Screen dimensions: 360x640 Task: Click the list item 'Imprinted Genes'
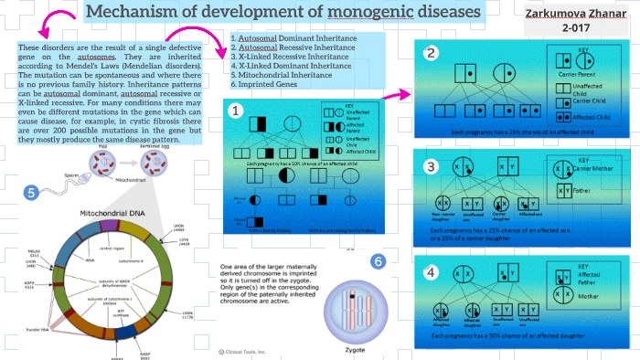point(266,84)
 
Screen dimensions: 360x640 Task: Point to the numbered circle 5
point(32,193)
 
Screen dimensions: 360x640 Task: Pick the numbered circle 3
point(431,165)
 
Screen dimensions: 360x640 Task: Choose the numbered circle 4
point(431,271)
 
